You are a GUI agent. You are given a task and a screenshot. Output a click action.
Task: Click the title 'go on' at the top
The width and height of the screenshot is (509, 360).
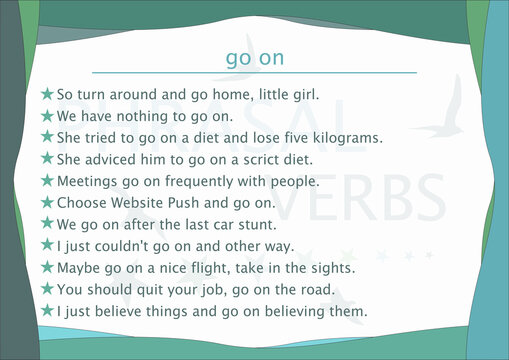click(254, 58)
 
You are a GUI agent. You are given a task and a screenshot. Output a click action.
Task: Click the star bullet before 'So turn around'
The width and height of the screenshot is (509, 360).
click(46, 94)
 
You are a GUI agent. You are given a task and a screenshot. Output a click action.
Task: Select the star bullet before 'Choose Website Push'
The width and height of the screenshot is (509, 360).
click(46, 203)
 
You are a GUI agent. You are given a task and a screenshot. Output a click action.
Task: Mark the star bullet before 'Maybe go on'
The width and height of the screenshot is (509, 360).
click(46, 268)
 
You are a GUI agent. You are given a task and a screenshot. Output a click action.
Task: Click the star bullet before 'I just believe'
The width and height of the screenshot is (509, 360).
click(46, 312)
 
